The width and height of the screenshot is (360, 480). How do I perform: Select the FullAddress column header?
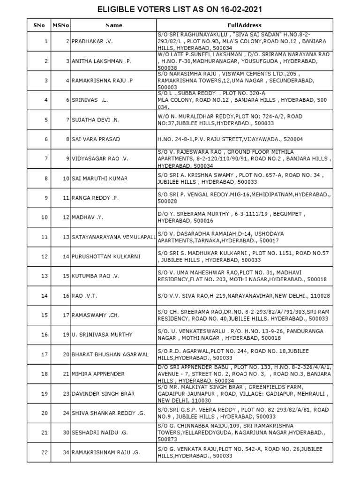245,25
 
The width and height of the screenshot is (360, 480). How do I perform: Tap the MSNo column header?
60,25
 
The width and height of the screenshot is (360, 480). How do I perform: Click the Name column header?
113,25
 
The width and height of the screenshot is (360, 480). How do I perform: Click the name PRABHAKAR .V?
92,41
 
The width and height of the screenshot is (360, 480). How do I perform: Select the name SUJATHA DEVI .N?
97,120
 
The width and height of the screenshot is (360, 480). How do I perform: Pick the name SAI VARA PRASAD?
96,139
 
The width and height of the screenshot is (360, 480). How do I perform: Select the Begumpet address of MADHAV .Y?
231,217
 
